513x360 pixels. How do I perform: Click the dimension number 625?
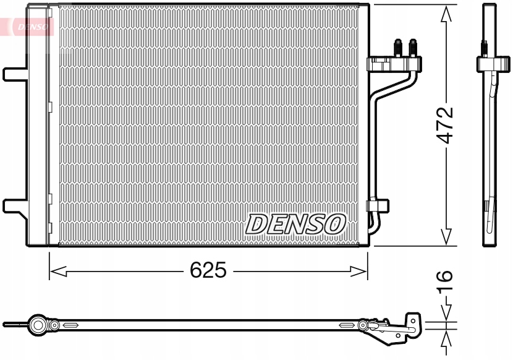tap(208, 270)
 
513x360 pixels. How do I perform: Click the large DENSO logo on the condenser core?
tap(296, 223)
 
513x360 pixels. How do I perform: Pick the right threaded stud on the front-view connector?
tap(412, 46)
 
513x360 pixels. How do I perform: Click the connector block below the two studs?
tap(394, 63)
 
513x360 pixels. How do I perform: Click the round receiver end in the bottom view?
tap(39, 324)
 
